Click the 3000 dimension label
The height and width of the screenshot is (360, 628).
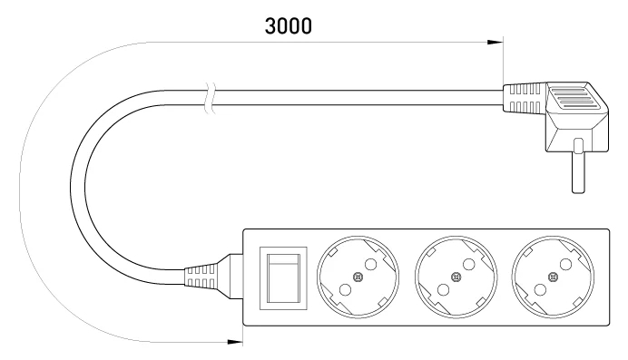(x=288, y=26)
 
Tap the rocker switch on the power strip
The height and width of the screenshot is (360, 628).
(x=283, y=278)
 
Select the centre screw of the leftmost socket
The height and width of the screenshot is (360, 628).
(x=358, y=277)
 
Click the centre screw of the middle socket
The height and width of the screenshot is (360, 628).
(x=456, y=277)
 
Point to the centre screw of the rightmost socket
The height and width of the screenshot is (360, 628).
(x=553, y=277)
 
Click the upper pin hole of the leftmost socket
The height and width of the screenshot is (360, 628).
(x=371, y=265)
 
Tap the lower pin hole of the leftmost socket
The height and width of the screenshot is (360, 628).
(x=345, y=289)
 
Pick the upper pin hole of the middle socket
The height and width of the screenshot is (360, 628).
(x=468, y=265)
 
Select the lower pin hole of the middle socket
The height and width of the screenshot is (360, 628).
(x=443, y=289)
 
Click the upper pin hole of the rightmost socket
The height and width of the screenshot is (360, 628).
(x=565, y=265)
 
